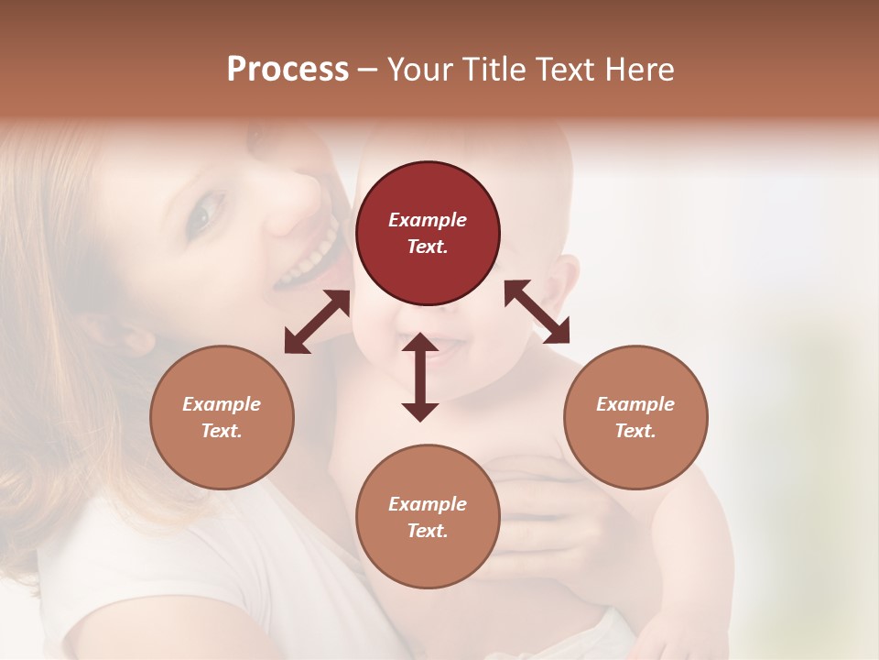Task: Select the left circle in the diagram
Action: [x=222, y=417]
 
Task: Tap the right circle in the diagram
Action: [x=635, y=417]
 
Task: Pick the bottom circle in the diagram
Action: [x=428, y=517]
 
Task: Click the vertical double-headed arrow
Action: [x=420, y=377]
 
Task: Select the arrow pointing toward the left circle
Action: [x=317, y=322]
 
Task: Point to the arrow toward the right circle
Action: [x=537, y=312]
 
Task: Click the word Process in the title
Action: [x=288, y=69]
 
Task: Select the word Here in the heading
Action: [x=641, y=69]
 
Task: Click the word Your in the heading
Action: [x=420, y=69]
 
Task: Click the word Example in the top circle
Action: [x=428, y=220]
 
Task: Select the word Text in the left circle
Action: [x=222, y=431]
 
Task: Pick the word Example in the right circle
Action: [x=635, y=404]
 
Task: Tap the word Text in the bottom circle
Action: [x=428, y=531]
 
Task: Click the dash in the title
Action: [x=368, y=70]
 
